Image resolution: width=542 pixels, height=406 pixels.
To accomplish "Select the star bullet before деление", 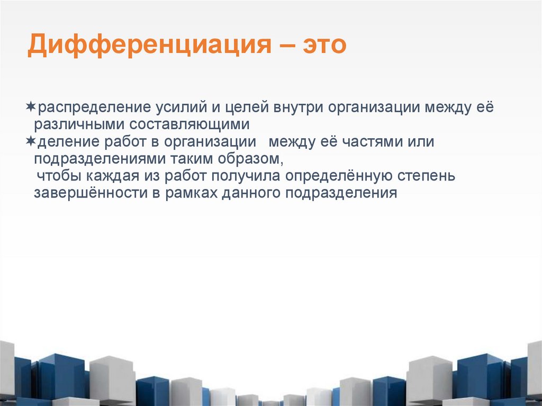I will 31,141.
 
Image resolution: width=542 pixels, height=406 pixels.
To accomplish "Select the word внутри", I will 297,107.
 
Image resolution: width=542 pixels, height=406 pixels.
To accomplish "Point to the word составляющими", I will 192,125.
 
